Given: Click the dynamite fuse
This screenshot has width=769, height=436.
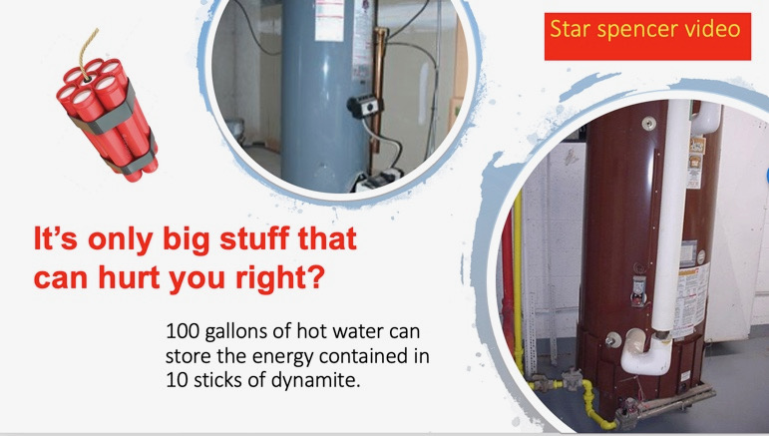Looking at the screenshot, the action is pyautogui.click(x=89, y=53).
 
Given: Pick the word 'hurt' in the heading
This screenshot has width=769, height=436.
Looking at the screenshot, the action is pyautogui.click(x=130, y=277).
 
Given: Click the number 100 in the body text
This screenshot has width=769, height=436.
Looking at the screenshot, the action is pyautogui.click(x=183, y=331).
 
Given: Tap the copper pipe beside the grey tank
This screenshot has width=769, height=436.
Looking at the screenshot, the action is pyautogui.click(x=378, y=88).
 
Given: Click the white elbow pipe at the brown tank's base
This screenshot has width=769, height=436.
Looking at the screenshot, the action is pyautogui.click(x=646, y=353).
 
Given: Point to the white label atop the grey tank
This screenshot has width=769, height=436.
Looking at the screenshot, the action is pyautogui.click(x=329, y=20).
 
